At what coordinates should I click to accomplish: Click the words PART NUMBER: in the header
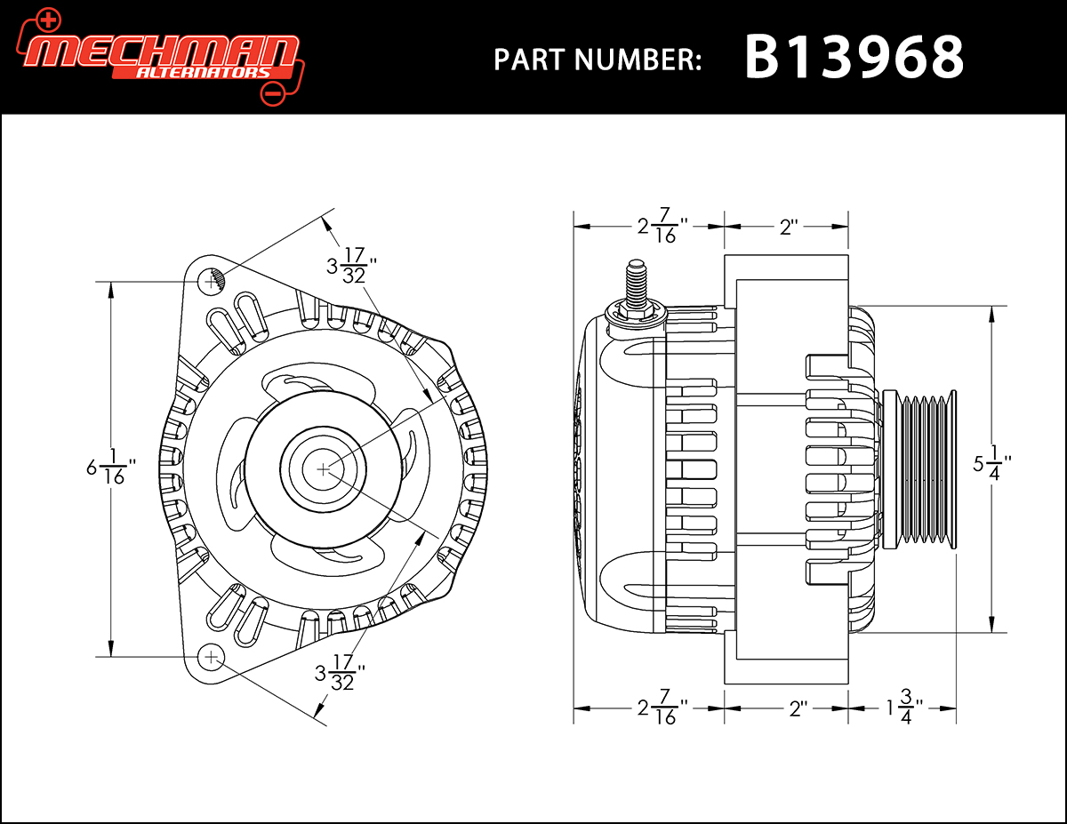coord(598,60)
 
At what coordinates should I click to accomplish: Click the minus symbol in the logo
coord(274,92)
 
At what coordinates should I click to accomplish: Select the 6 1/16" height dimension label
coord(111,468)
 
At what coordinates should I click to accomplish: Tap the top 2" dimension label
coord(788,228)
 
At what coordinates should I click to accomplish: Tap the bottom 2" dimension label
coord(797,708)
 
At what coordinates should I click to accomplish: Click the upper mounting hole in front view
coord(213,281)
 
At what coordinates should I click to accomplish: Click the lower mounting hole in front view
coord(211,657)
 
